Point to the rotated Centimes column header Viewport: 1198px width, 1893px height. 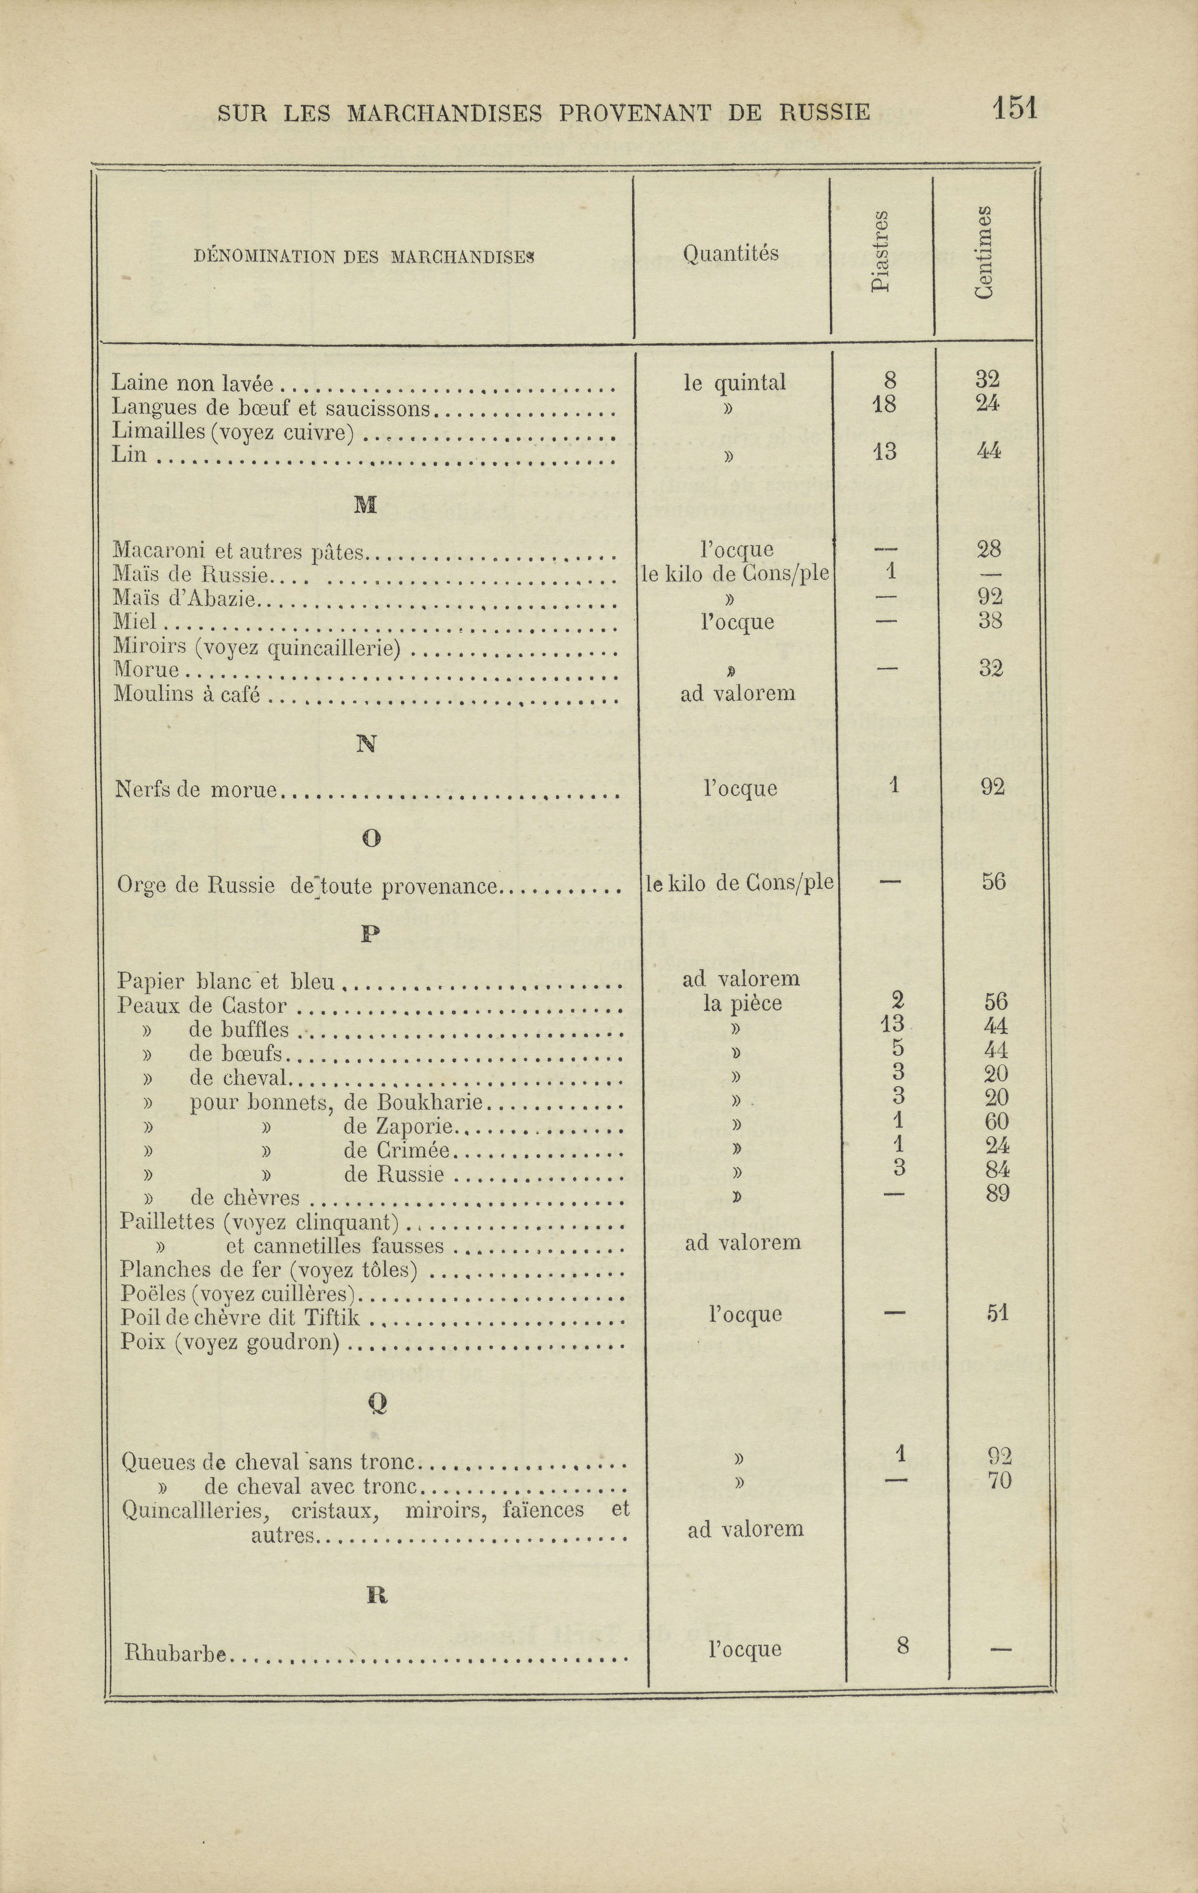tap(984, 251)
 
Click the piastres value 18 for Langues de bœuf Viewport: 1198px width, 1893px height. tap(884, 404)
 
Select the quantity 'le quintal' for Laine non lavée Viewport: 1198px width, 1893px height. tap(734, 383)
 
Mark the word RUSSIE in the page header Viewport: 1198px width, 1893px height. tap(825, 112)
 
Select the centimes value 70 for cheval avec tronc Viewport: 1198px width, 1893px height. tap(999, 1481)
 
